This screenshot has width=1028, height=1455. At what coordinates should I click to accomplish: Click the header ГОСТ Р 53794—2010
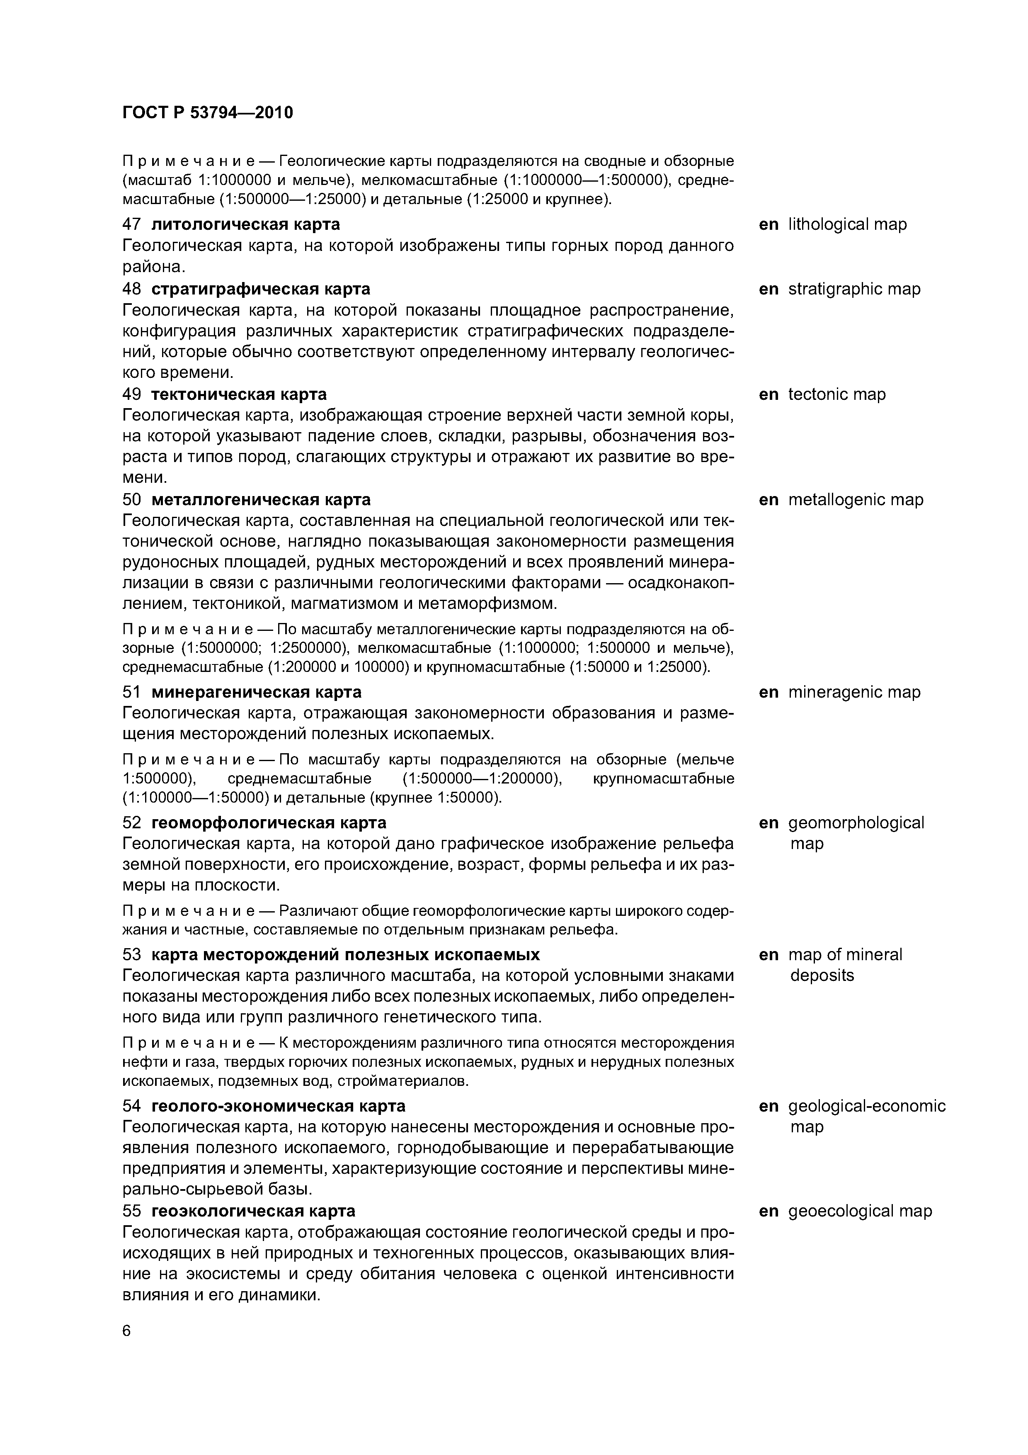[208, 113]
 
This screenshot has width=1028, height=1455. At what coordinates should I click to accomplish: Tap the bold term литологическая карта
[246, 224]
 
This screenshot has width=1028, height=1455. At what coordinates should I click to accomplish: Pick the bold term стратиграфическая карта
[261, 289]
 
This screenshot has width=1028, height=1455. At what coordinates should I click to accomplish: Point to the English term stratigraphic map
[854, 289]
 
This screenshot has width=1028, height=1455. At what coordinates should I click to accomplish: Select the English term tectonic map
[837, 394]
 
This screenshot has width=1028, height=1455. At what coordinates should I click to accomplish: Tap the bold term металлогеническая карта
[261, 499]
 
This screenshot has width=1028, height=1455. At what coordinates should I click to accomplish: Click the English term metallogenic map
[856, 499]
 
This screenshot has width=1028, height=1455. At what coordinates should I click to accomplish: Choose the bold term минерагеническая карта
[257, 692]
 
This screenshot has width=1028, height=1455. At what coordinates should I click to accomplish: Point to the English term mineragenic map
[854, 692]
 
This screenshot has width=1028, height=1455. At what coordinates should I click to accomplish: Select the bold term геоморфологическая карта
[269, 822]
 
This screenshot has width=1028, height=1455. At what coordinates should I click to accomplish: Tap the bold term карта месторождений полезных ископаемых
[346, 954]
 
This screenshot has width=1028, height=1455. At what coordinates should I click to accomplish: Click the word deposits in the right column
[822, 975]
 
